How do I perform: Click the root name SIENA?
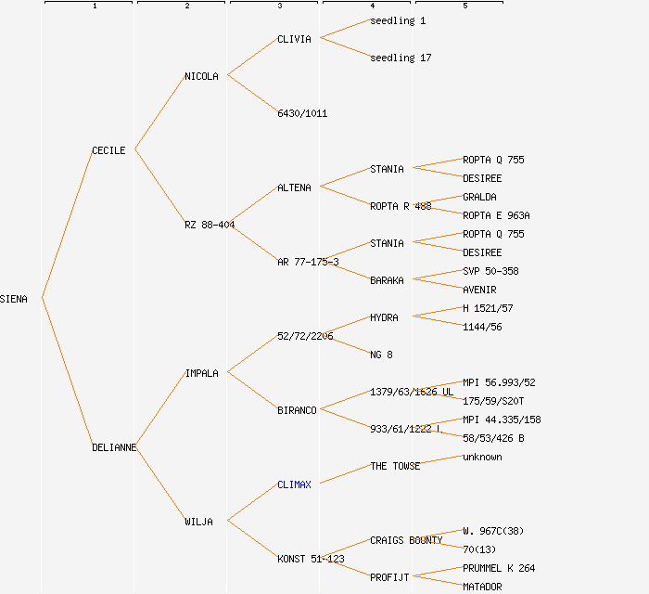coord(14,299)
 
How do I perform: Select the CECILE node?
coord(108,150)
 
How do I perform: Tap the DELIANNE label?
coord(114,447)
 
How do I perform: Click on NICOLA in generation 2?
coord(201,76)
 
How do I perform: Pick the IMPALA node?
coord(201,373)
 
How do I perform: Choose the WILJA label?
coord(198,522)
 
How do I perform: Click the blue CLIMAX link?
coord(294,484)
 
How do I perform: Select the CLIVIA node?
coord(294,39)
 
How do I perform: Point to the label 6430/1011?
coord(302,113)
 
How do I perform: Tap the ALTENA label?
coord(294,187)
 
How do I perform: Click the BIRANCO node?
coord(297,410)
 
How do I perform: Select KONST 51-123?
coord(311,559)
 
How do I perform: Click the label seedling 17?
coord(401,58)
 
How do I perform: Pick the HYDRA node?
coord(384,317)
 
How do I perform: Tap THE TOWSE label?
coord(395,466)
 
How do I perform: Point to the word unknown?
coord(482,457)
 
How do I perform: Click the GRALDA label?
coord(479,197)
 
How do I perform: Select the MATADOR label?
coord(482,587)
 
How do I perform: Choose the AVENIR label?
coord(479,290)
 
